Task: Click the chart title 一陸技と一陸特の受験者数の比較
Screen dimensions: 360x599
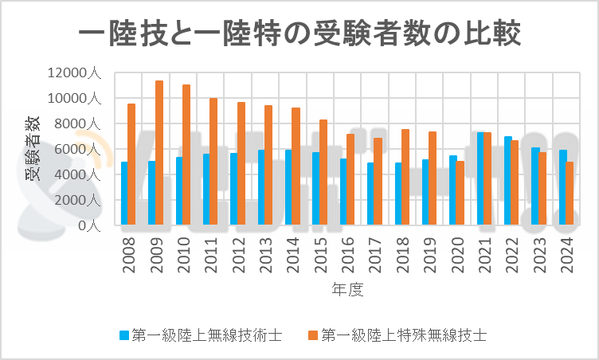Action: point(299,34)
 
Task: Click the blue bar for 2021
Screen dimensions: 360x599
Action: point(480,178)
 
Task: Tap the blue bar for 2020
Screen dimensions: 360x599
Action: point(453,190)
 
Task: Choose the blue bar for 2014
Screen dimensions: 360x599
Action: point(288,187)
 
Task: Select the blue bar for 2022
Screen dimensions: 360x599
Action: point(507,181)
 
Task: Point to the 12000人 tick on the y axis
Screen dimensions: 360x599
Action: point(73,73)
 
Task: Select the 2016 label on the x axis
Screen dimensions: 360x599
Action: point(346,256)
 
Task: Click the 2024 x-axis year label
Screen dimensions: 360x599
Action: point(566,256)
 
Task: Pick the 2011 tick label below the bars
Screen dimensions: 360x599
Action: point(210,256)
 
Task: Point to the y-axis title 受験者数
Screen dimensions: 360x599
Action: point(32,147)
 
